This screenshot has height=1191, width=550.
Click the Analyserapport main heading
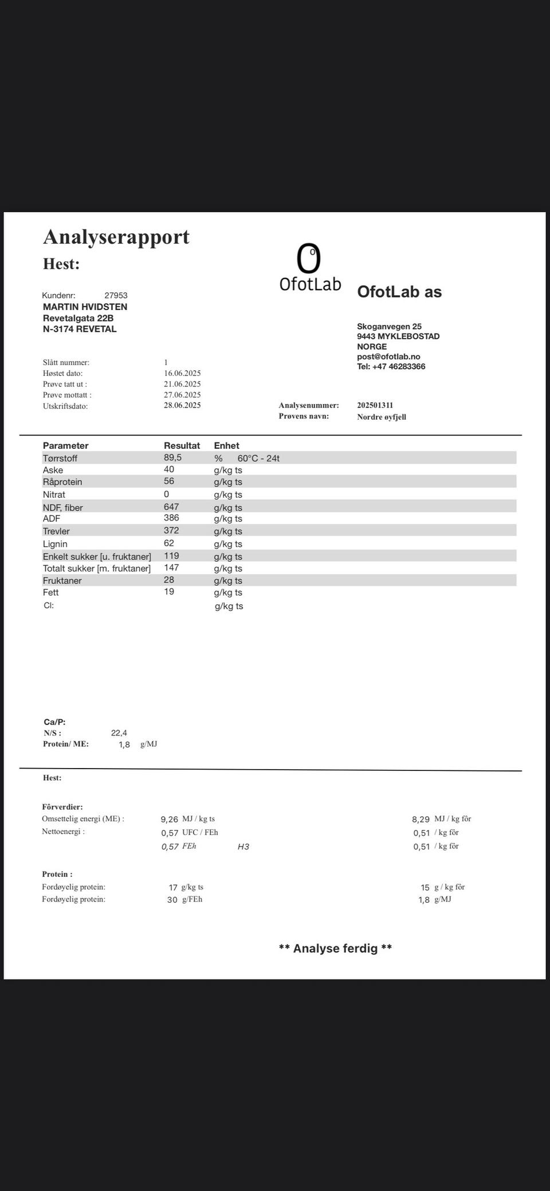pyautogui.click(x=116, y=237)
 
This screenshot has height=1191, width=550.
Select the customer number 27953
pyautogui.click(x=116, y=295)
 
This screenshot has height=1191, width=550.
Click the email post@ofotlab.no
pyautogui.click(x=388, y=356)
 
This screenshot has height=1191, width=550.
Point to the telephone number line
pyautogui.click(x=391, y=366)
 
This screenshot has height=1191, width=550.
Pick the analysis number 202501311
pyautogui.click(x=375, y=405)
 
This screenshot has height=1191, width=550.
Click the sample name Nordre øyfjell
pyautogui.click(x=381, y=417)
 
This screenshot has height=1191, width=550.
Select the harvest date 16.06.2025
pyautogui.click(x=182, y=373)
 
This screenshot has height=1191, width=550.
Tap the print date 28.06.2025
pyautogui.click(x=182, y=405)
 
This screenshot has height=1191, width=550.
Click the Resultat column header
pyautogui.click(x=182, y=445)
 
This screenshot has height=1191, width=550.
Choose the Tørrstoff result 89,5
pyautogui.click(x=172, y=457)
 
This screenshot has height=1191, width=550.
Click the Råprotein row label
pyautogui.click(x=62, y=482)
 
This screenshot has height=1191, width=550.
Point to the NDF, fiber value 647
pyautogui.click(x=171, y=507)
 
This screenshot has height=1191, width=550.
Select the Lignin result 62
pyautogui.click(x=169, y=543)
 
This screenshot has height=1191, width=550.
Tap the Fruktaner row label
pyautogui.click(x=62, y=581)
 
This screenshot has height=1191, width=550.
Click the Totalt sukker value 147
pyautogui.click(x=171, y=567)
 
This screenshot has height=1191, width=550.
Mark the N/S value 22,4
pyautogui.click(x=119, y=732)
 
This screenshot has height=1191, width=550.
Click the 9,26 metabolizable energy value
pyautogui.click(x=169, y=820)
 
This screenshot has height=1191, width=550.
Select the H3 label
pyautogui.click(x=243, y=847)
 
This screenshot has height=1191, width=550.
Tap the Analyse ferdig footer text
pyautogui.click(x=335, y=948)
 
